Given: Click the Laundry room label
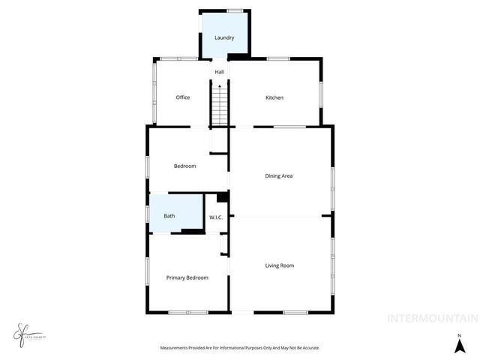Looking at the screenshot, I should (224, 37).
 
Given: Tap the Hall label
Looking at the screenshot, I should (220, 72).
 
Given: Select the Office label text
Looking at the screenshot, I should (182, 97).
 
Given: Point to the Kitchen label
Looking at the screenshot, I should (274, 97).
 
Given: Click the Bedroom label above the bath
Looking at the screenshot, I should (184, 166).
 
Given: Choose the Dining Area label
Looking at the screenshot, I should (278, 176).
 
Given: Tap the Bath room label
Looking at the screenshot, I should (169, 217).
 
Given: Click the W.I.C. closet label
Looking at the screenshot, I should (216, 217).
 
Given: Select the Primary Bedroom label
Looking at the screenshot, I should (187, 277).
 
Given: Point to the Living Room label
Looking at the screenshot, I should (279, 265).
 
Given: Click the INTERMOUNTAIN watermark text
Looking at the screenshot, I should (431, 318).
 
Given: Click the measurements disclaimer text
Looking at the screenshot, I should (240, 348).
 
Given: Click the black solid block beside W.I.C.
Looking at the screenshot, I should (222, 198).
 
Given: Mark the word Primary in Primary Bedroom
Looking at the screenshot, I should (176, 277).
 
